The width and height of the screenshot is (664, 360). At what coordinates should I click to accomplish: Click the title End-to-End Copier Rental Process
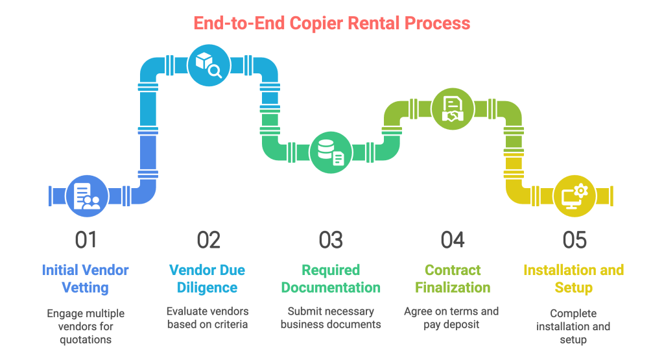pos(331,23)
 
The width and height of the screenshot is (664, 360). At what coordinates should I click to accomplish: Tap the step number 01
pos(86,240)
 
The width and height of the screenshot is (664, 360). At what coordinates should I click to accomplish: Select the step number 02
pos(208,240)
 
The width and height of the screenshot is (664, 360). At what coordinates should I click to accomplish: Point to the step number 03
pos(331,240)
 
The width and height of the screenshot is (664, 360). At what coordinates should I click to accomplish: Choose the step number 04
pos(453,240)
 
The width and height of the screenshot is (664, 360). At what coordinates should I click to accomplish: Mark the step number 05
pos(574,240)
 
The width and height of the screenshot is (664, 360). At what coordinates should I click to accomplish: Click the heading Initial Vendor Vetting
pos(86,278)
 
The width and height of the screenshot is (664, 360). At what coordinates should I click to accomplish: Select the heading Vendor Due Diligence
pos(207,278)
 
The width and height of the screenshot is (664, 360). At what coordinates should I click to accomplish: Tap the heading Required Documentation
pos(331,278)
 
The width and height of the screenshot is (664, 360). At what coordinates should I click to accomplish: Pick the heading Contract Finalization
pos(453,278)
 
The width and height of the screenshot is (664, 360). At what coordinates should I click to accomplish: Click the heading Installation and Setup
pos(574,278)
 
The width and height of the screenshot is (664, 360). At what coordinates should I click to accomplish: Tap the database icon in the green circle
pos(330,152)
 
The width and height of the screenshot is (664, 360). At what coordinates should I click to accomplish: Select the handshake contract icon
pos(452,108)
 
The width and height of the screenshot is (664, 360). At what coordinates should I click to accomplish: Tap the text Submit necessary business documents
pos(331,317)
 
